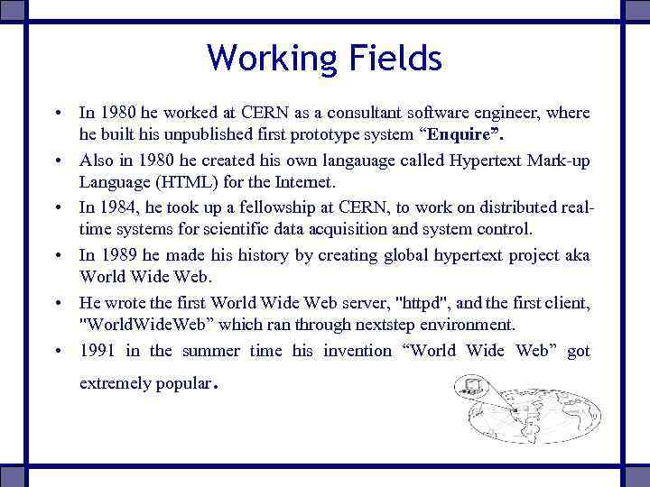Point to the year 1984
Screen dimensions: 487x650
[x=118, y=208]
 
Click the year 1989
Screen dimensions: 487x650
[x=118, y=255]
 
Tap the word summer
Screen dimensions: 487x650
[x=210, y=351]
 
